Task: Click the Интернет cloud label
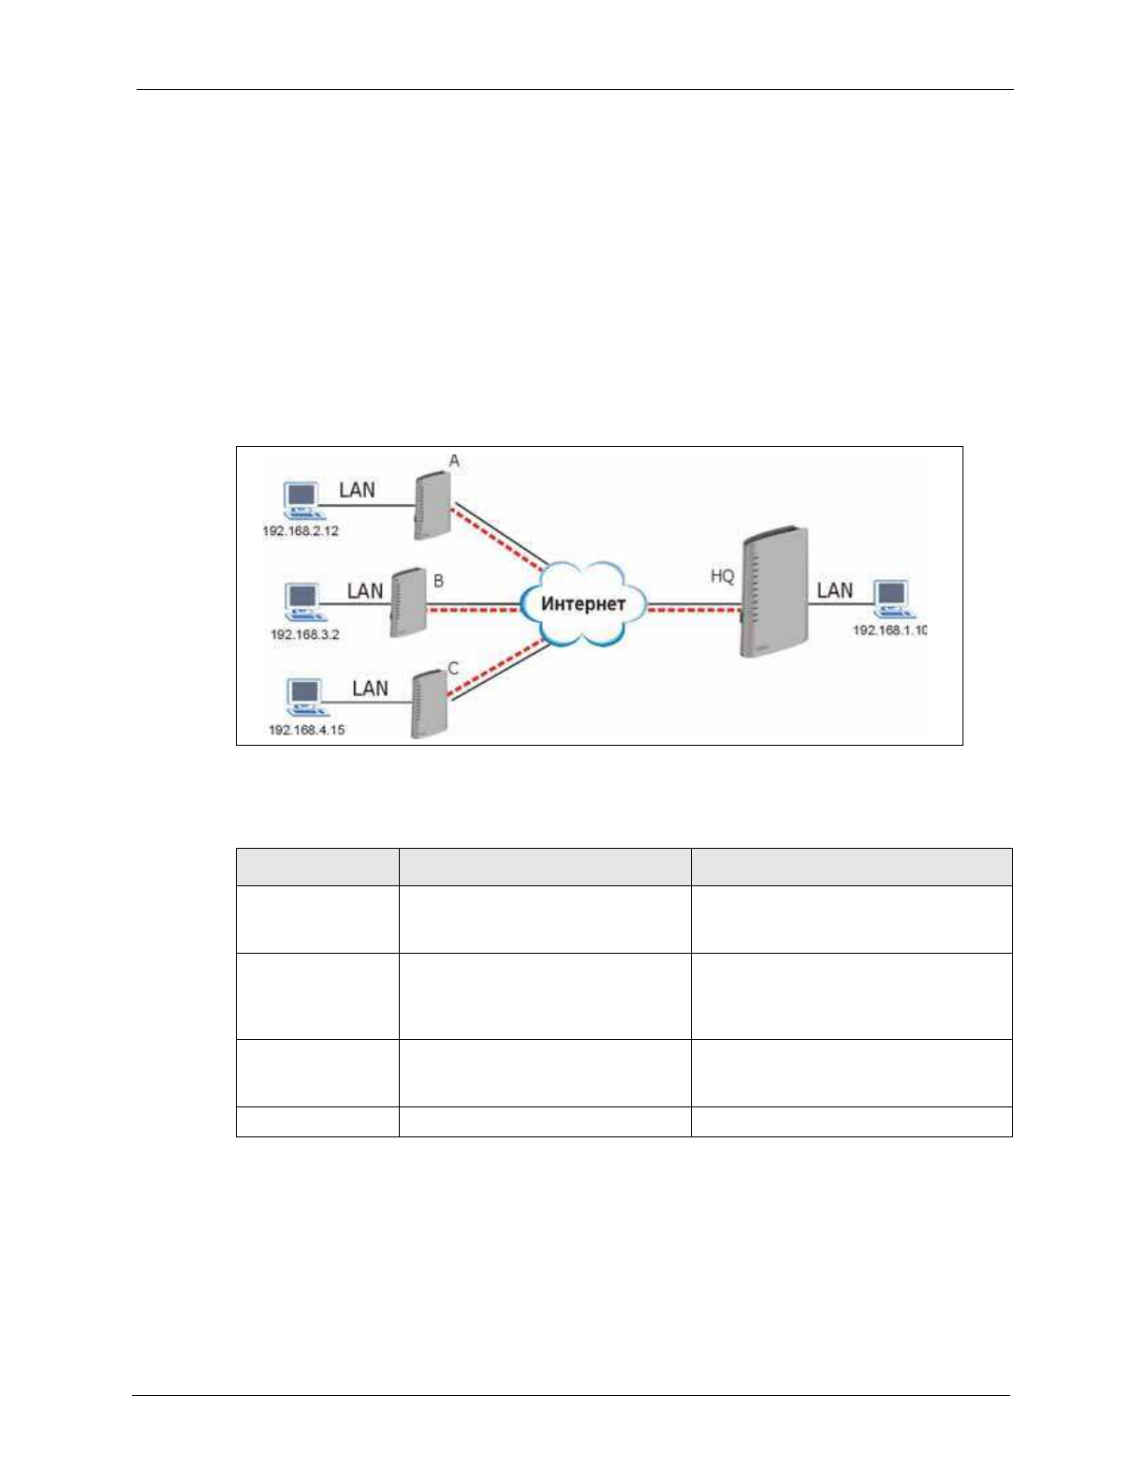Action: (x=582, y=604)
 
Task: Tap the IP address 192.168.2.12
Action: (x=301, y=531)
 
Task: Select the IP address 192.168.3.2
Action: (x=305, y=635)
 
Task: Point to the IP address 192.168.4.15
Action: (x=307, y=730)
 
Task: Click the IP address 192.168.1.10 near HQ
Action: (x=889, y=630)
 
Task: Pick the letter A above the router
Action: (x=454, y=461)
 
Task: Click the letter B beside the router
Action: (x=438, y=581)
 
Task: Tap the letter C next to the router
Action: (x=453, y=668)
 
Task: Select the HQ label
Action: (x=722, y=576)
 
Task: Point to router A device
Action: (x=431, y=506)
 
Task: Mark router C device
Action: (x=430, y=703)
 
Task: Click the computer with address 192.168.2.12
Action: (x=301, y=500)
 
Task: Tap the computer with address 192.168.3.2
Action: (x=301, y=601)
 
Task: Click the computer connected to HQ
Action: (x=890, y=598)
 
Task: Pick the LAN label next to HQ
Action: (x=834, y=590)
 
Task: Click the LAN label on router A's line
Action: (x=357, y=490)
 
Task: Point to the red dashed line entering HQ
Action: (x=693, y=610)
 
